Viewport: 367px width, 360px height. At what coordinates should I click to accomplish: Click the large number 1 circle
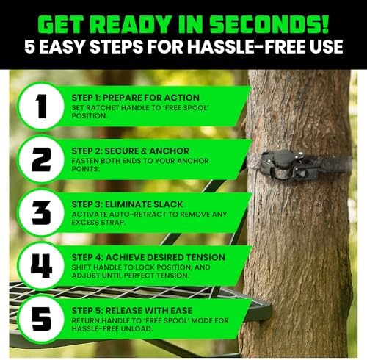point(42,106)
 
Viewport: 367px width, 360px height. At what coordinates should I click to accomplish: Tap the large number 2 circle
point(42,159)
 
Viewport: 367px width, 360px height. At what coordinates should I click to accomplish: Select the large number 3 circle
point(42,212)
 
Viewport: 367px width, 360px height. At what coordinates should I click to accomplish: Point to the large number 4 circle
point(42,265)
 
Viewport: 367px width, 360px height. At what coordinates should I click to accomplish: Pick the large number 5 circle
point(42,319)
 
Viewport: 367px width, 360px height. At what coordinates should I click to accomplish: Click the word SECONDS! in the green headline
point(269,25)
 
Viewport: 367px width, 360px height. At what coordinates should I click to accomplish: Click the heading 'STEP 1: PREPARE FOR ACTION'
point(135,98)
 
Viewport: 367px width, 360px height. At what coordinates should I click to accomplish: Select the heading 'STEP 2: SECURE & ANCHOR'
point(130,151)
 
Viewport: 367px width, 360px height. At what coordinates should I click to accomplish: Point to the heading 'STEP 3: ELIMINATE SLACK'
point(127,204)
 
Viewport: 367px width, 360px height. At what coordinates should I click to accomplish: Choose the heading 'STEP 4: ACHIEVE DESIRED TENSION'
point(148,257)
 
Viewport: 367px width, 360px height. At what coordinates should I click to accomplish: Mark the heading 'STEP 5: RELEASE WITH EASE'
point(132,310)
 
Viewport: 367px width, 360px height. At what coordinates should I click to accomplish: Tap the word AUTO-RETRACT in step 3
point(137,215)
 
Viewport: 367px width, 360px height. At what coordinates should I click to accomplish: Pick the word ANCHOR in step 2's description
point(193,161)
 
